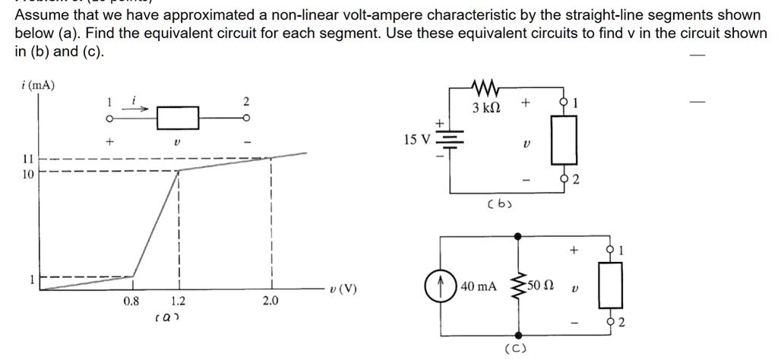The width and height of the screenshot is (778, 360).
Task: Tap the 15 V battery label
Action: (418, 141)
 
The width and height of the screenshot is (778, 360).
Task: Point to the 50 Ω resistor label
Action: (545, 286)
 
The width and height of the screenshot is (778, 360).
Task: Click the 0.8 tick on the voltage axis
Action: (131, 302)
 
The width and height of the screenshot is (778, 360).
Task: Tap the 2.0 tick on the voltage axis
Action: (270, 302)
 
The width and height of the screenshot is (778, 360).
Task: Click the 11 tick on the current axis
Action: (28, 159)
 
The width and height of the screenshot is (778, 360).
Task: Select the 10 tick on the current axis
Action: (28, 174)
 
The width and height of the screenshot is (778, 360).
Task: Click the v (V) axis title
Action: (344, 289)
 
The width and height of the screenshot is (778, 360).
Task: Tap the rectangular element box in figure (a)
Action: (178, 118)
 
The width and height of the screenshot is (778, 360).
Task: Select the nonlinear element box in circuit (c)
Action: (612, 286)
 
